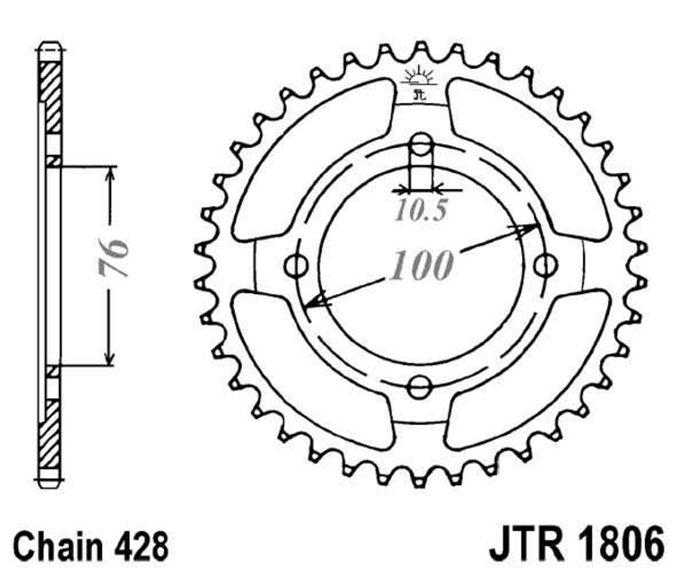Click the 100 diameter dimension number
421,265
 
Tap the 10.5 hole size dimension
421,210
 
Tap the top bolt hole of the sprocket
421,144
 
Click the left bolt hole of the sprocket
297,266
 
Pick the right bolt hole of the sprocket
545,266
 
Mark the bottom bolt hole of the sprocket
419,387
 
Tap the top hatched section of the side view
51,98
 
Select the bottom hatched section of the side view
50,434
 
